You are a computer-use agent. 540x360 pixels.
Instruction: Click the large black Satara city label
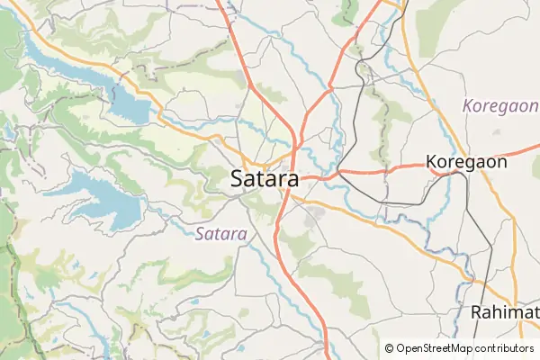pos(265,179)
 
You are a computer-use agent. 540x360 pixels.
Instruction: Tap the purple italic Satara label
pos(220,233)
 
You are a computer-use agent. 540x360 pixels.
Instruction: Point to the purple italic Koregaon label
pos(500,106)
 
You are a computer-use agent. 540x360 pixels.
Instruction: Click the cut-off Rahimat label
pos(504,312)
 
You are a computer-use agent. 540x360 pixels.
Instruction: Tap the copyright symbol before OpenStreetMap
pos(390,348)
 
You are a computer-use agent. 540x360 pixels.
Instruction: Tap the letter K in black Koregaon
pos(432,163)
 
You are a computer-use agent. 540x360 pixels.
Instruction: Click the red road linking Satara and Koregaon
pos(378,169)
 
